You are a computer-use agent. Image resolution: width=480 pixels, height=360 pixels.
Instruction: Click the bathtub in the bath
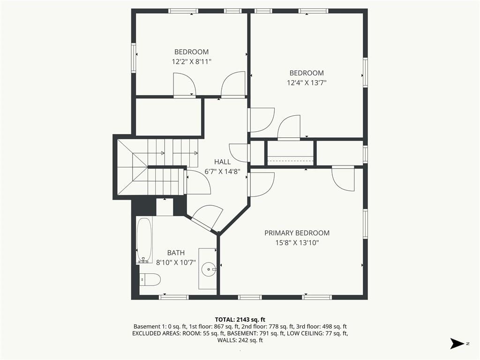point(144,240)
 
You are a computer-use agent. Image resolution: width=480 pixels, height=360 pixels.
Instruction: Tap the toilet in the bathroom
point(150,279)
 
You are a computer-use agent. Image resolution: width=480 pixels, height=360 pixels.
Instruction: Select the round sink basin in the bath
point(209,270)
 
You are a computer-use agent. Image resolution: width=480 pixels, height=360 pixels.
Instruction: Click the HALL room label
point(222,162)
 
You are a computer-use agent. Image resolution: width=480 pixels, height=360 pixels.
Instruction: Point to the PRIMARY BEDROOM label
point(297,233)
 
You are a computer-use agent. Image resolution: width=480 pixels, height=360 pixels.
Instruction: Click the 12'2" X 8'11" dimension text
point(192,61)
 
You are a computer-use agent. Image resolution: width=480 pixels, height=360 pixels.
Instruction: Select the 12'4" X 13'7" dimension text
point(307,82)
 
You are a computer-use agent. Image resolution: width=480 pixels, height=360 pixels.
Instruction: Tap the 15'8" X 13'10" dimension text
point(297,243)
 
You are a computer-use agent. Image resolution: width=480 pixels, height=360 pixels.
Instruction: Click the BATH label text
point(176,253)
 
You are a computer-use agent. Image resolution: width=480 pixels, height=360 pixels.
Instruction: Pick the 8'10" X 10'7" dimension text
point(176,262)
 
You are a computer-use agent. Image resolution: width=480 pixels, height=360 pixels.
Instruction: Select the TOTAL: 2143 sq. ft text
point(240,320)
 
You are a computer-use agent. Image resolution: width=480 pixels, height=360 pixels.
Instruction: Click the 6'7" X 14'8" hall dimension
point(222,172)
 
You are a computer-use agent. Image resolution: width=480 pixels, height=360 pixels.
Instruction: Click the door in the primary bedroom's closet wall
point(343,179)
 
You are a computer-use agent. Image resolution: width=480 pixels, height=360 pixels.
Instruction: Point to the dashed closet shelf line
point(291,161)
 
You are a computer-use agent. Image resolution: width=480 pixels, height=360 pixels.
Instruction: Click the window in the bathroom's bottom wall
point(173,297)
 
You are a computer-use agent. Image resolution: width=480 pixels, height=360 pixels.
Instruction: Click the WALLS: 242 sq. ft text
point(240,340)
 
